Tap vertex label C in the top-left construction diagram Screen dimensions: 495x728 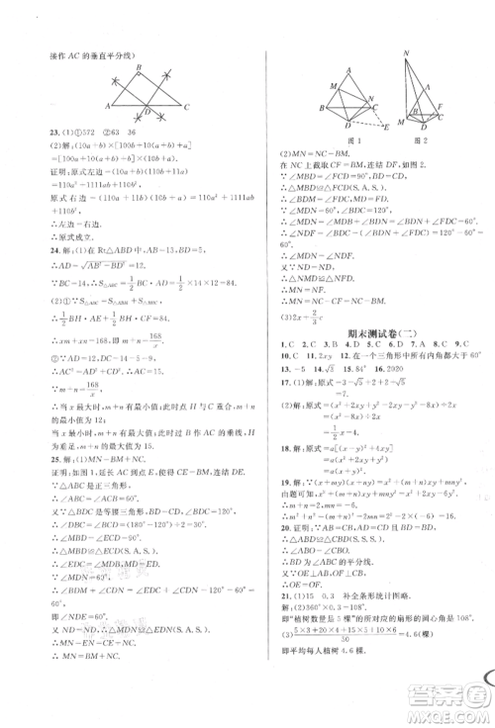click(189, 104)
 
